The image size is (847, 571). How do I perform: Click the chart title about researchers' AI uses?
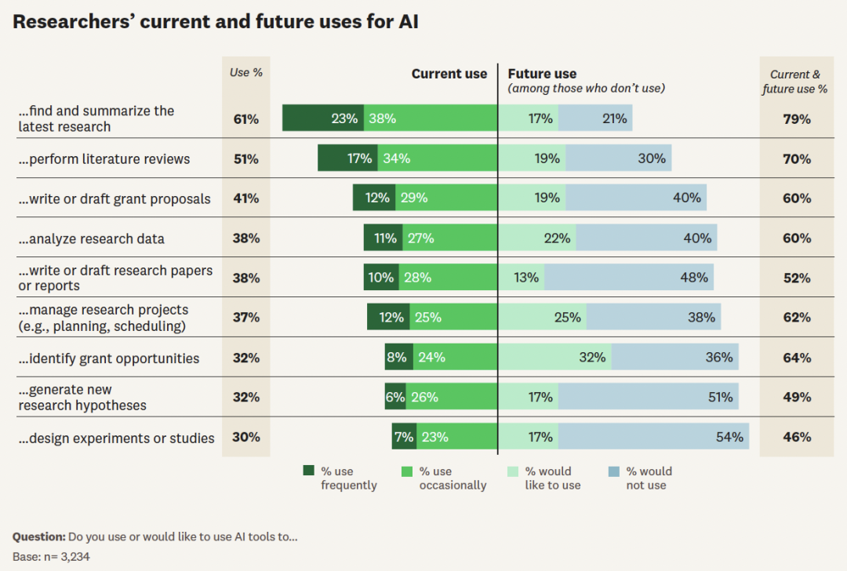click(216, 22)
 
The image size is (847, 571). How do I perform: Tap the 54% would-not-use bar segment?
click(653, 437)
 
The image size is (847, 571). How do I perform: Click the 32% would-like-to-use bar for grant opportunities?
click(554, 358)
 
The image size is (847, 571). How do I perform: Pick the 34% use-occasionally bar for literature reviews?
click(437, 158)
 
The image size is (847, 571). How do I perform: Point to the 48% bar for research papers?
click(629, 278)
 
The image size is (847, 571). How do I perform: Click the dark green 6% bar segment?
click(394, 397)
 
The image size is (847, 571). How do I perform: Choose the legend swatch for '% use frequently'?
click(309, 471)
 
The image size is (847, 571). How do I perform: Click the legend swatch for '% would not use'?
click(614, 471)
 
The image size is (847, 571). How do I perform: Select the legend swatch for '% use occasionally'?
click(407, 471)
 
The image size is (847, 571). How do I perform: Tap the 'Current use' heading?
click(449, 74)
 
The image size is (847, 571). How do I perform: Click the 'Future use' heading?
click(542, 74)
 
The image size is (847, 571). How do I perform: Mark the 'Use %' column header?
click(245, 72)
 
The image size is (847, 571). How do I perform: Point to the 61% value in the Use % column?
click(245, 119)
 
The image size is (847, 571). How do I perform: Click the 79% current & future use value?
click(796, 119)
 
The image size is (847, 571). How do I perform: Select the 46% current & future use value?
click(796, 437)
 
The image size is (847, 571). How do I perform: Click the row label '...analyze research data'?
click(92, 238)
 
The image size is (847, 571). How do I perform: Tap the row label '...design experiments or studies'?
click(116, 438)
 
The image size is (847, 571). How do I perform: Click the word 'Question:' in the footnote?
click(38, 537)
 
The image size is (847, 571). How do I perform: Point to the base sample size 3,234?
click(82, 557)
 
